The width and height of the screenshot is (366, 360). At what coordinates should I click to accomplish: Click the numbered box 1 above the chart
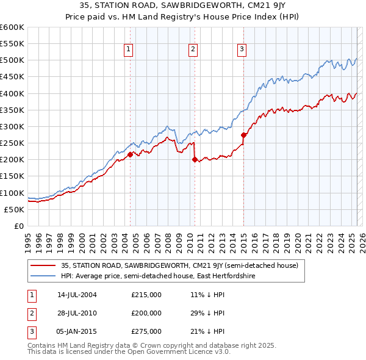pyautogui.click(x=129, y=50)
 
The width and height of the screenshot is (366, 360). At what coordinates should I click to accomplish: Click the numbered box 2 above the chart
pyautogui.click(x=193, y=50)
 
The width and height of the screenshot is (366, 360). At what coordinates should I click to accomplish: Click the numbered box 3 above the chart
pyautogui.click(x=242, y=50)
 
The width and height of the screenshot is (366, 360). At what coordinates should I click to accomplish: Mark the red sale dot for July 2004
pyautogui.click(x=130, y=154)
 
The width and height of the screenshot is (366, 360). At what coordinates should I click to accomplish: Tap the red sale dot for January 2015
pyautogui.click(x=243, y=135)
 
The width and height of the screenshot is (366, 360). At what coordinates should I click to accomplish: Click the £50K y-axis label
pyautogui.click(x=15, y=209)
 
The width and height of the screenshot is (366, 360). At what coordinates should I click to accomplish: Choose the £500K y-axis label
pyautogui.click(x=12, y=60)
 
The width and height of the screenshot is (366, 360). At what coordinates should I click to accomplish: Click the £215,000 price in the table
pyautogui.click(x=146, y=295)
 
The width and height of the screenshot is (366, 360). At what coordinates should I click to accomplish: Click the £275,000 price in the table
pyautogui.click(x=146, y=331)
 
